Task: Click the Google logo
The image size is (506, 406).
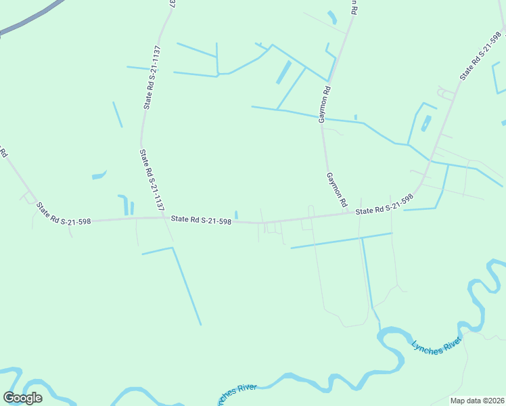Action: (x=23, y=398)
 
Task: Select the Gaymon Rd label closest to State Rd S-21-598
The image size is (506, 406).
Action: (x=336, y=189)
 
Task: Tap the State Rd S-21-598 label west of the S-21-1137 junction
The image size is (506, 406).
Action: (x=63, y=214)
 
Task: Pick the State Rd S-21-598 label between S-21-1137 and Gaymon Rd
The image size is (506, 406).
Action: (x=202, y=219)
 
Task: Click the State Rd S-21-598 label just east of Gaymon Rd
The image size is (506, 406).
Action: (x=384, y=205)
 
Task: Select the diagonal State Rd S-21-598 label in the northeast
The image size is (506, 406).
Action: (x=481, y=55)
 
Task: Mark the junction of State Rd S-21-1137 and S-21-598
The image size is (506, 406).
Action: (x=166, y=217)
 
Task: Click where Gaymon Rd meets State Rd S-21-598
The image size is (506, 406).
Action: (x=348, y=213)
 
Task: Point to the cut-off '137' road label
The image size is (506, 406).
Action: (x=170, y=3)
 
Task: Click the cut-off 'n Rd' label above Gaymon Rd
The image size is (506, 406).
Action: (x=352, y=7)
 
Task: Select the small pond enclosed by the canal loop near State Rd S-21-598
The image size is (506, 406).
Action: (x=426, y=123)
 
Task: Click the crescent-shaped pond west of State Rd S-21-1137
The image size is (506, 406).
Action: (x=99, y=175)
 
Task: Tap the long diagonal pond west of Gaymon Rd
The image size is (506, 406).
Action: (x=283, y=72)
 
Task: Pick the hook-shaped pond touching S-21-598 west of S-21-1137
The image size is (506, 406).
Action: (x=124, y=204)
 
